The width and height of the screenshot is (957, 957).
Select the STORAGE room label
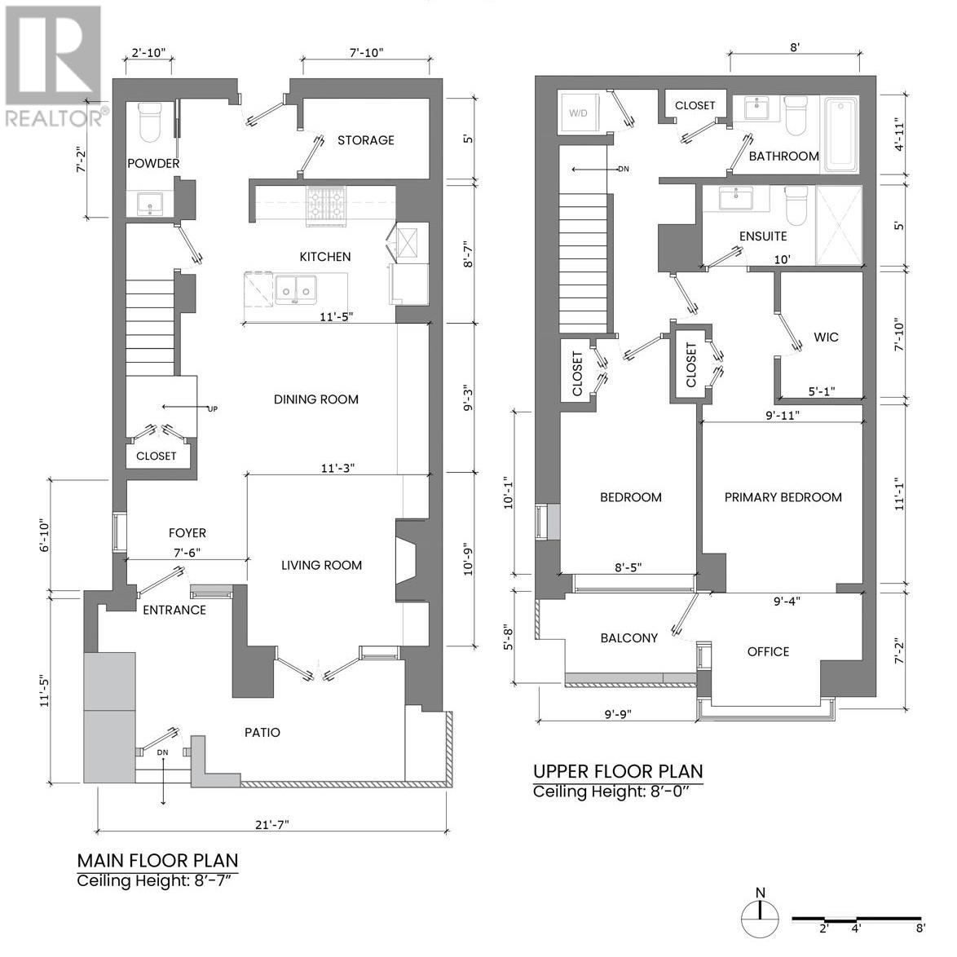[365, 140]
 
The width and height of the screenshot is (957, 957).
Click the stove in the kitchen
[326, 205]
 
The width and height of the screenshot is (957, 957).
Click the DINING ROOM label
[315, 399]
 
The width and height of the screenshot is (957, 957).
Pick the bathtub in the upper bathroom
[840, 135]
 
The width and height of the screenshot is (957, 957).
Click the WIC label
[825, 337]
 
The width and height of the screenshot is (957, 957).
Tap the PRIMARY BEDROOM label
[783, 497]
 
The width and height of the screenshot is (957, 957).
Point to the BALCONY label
[628, 638]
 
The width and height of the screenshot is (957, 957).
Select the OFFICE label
[768, 651]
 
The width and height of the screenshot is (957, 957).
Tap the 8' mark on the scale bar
[920, 928]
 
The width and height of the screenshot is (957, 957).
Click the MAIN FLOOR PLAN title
[157, 860]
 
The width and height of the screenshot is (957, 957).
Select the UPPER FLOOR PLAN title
[617, 771]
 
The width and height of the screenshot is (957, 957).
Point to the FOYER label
[187, 533]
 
